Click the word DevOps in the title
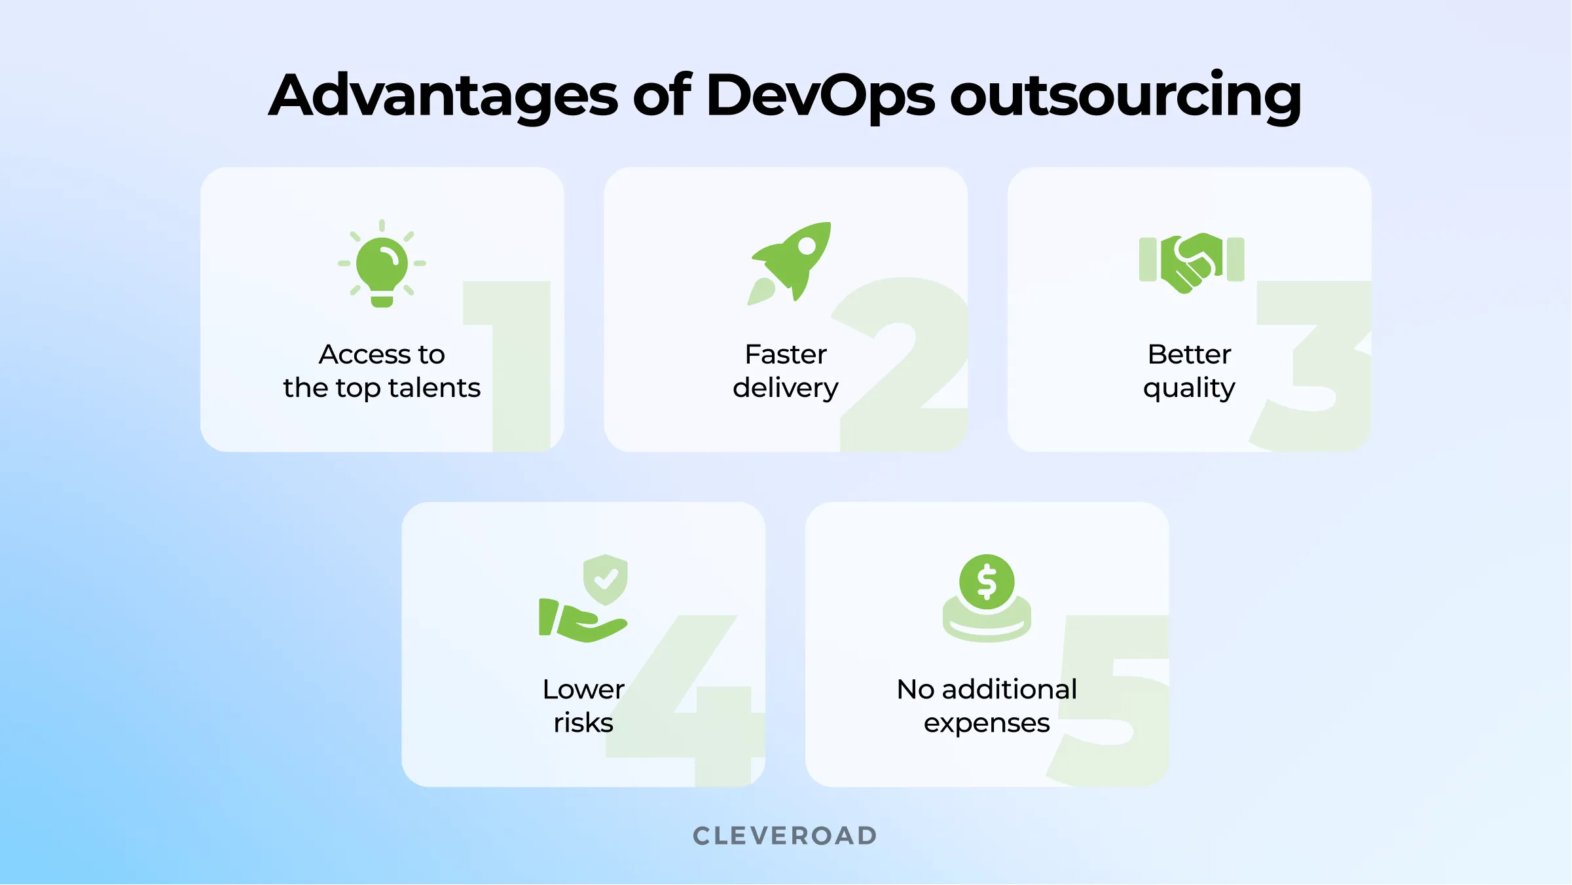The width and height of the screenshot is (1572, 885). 820,97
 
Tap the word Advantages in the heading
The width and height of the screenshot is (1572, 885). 443,97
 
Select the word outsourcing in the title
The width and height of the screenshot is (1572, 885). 1125,97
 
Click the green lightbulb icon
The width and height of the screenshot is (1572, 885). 382,265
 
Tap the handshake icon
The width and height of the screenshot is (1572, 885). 1191,262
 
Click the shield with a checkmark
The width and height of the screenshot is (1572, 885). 606,579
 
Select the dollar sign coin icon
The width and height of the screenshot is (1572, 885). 987,582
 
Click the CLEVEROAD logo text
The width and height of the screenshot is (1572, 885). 785,836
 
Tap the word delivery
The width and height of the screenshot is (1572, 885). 785,388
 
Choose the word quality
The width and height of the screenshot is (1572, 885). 1189,388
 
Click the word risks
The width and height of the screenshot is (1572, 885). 583,723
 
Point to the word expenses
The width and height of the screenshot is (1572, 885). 987,723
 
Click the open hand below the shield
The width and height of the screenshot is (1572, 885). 583,622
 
